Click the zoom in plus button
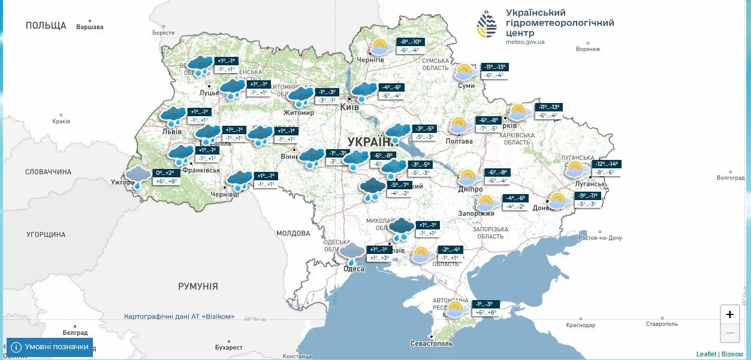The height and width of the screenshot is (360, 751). (729, 314)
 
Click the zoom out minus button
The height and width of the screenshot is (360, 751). (729, 333)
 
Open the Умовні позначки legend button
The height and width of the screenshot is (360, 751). (50, 347)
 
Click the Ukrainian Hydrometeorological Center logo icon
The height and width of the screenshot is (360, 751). (487, 25)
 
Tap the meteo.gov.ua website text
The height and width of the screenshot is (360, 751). (525, 42)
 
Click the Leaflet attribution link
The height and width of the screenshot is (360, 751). (705, 354)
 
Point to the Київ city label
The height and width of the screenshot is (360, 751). (349, 107)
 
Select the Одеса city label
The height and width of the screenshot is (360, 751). (354, 268)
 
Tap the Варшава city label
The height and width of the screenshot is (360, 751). (90, 27)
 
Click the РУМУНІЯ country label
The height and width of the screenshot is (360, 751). (198, 286)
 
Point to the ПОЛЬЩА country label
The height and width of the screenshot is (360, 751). (46, 25)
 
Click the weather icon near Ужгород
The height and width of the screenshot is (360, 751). (138, 177)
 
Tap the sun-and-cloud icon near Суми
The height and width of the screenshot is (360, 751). (463, 72)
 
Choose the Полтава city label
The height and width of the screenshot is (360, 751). (459, 141)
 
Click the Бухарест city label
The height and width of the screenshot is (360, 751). (229, 347)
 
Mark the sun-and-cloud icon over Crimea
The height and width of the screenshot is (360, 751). (454, 309)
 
